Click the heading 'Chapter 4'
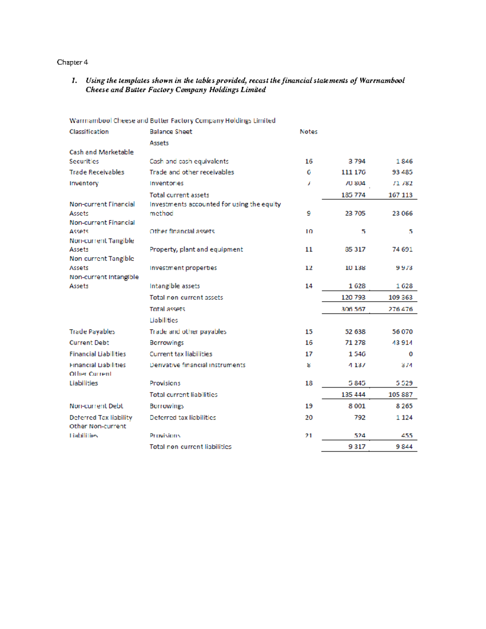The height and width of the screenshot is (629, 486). coord(72,62)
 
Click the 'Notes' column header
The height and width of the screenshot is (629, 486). coord(308,132)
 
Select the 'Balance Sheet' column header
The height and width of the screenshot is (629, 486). coord(171,132)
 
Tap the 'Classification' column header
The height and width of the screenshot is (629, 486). coord(89,132)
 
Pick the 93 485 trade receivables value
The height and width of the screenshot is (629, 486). coord(402,172)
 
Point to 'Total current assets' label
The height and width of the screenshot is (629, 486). coord(179,195)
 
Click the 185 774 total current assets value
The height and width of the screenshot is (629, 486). coord(353,195)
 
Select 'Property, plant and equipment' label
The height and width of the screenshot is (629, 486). coord(196,249)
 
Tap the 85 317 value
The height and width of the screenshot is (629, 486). coord(355,249)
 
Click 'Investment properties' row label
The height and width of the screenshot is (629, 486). coord(183,268)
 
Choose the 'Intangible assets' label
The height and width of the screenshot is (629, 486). coord(175,286)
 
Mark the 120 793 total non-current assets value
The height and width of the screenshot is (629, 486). coord(353,297)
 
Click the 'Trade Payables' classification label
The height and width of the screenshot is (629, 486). coord(92,332)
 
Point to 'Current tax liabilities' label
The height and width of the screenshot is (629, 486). coord(181,354)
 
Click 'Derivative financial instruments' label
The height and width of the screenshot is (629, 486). coord(197,365)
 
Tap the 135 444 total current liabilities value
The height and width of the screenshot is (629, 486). coord(353,394)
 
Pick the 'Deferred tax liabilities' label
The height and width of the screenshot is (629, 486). coord(183,418)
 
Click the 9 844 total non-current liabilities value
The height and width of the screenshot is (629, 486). coord(404,447)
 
